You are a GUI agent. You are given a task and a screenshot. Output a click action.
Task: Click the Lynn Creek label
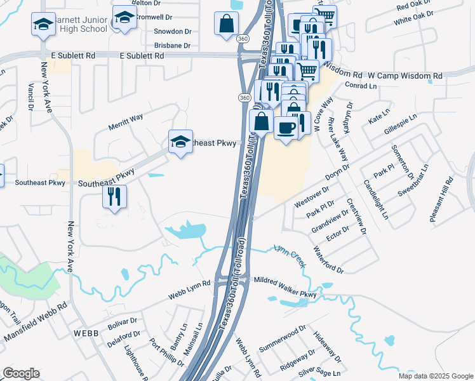pos(291,255)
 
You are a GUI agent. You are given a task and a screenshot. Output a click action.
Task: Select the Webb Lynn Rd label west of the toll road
pos(189,290)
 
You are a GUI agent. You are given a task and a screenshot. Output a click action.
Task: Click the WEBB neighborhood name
pos(86,333)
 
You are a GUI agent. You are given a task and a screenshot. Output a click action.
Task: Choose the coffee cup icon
pos(286,128)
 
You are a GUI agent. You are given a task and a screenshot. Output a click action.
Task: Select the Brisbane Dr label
pos(173,46)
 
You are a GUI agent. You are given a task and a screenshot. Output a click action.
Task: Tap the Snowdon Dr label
pos(173,31)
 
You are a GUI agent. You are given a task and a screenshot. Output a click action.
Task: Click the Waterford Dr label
pos(329,260)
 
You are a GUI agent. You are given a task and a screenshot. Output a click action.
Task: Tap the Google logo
pos(21,374)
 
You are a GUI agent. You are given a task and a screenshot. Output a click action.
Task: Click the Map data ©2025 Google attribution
pos(436,376)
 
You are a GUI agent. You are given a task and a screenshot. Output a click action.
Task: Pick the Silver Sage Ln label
pos(324,373)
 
